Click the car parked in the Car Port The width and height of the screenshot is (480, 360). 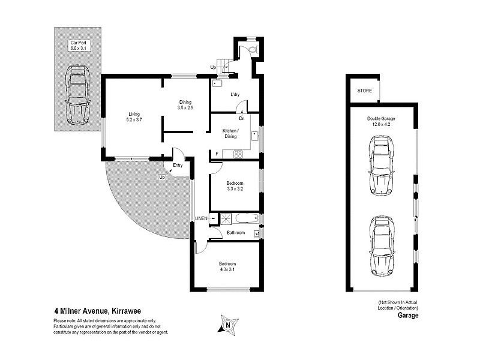click(x=77, y=94)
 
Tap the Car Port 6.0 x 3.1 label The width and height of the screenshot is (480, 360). click(x=77, y=46)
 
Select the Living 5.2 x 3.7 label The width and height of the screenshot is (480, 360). click(x=133, y=117)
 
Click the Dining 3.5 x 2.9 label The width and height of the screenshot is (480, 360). click(x=185, y=104)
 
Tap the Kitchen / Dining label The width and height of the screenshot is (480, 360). click(x=231, y=133)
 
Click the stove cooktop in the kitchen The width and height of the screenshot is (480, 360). click(x=238, y=154)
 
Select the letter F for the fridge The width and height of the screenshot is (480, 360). click(x=217, y=154)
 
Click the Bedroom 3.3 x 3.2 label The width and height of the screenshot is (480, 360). click(x=235, y=185)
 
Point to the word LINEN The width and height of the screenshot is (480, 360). click(x=201, y=218)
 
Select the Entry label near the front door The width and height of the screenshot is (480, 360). click(x=178, y=165)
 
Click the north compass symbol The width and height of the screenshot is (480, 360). click(x=227, y=325)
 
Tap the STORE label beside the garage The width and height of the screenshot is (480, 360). click(x=365, y=91)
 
